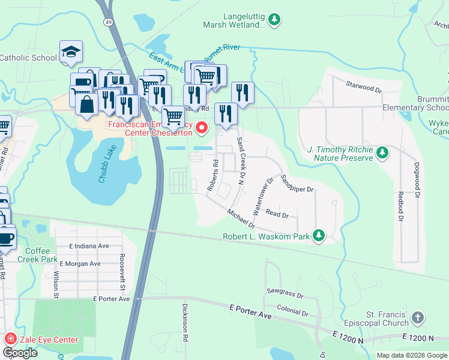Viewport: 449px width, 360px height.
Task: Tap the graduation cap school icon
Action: click(71, 52)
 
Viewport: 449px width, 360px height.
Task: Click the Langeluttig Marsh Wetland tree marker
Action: click(274, 20)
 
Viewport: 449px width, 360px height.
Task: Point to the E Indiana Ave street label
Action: click(89, 246)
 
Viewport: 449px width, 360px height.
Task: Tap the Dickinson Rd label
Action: click(185, 330)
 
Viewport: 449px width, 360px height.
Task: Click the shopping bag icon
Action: click(87, 103)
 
